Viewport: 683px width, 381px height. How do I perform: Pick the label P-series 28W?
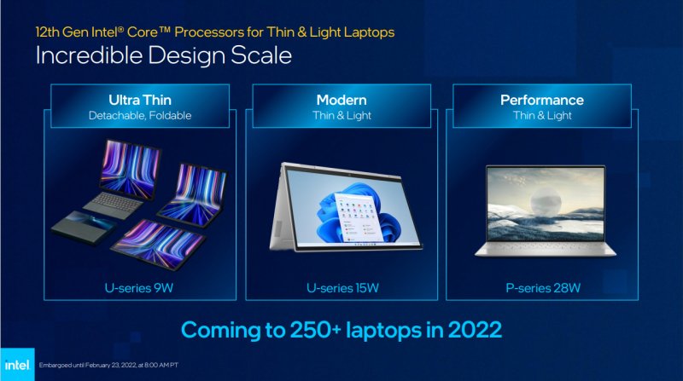click(x=543, y=287)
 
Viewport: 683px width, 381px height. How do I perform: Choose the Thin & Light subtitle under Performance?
click(x=543, y=115)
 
